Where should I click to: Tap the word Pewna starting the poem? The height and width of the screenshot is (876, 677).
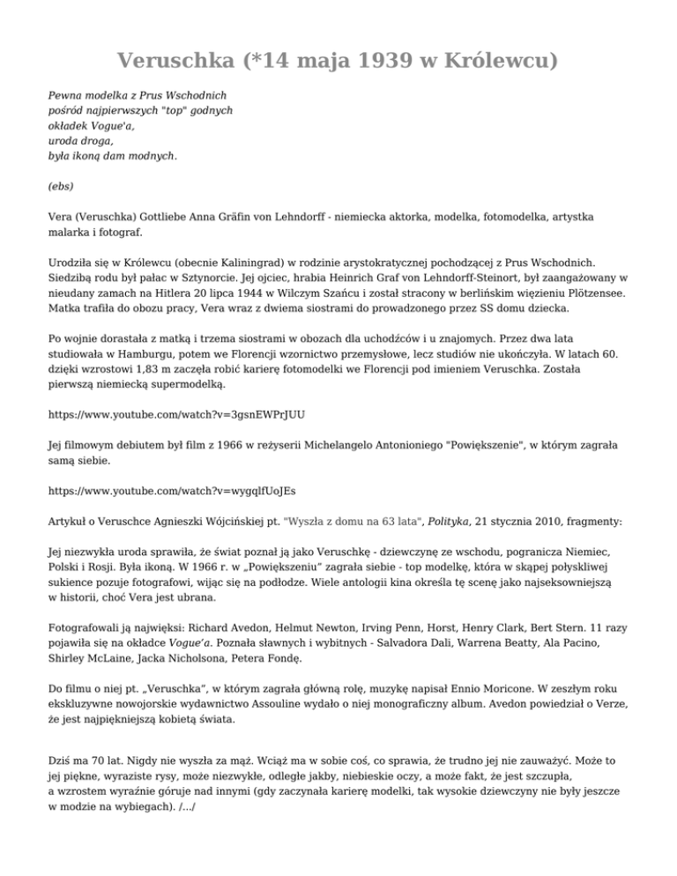click(67, 93)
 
